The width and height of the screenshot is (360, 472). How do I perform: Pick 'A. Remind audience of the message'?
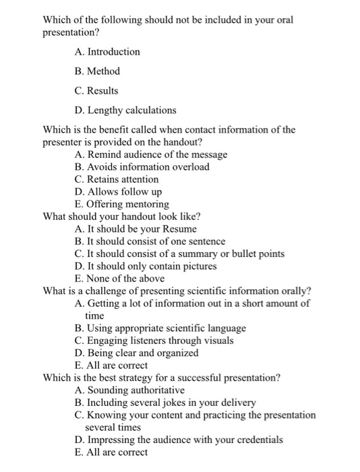pyautogui.click(x=152, y=154)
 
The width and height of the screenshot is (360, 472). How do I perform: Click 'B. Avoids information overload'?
pyautogui.click(x=142, y=167)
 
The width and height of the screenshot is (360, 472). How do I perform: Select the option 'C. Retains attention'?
pyautogui.click(x=117, y=179)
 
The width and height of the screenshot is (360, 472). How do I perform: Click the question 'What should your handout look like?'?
pyautogui.click(x=122, y=216)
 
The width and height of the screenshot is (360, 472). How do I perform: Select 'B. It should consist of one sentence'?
pyautogui.click(x=150, y=241)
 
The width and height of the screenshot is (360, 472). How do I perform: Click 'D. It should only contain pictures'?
pyautogui.click(x=146, y=266)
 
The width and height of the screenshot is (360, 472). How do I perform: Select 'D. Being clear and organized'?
pyautogui.click(x=137, y=353)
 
